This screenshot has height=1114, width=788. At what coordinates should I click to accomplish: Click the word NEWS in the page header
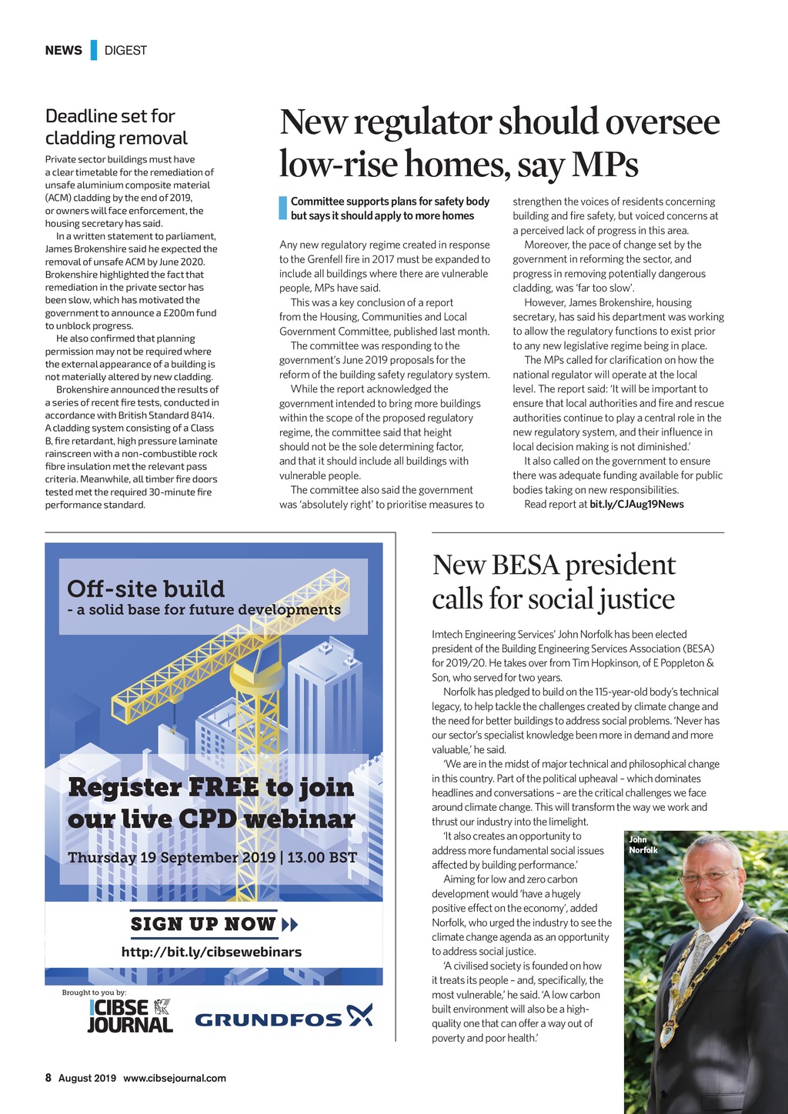63,50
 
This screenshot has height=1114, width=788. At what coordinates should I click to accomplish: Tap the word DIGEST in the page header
125,50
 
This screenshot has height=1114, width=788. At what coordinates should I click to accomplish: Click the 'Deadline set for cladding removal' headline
116,127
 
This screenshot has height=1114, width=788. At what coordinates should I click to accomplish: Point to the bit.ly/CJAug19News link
636,504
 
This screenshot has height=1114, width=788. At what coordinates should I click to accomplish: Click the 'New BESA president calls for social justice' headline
553,582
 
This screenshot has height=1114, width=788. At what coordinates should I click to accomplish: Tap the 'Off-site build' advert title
146,589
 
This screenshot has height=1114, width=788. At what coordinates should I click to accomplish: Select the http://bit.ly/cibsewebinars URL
212,952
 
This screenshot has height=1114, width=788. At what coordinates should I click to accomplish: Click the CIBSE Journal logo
130,1016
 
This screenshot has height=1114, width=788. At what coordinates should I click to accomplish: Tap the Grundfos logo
283,1019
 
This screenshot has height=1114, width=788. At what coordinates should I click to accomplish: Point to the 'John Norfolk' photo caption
643,845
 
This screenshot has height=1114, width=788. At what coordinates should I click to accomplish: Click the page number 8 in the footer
48,1078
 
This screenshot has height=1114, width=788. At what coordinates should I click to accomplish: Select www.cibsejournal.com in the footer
175,1078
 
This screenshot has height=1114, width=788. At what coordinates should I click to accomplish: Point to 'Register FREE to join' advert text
211,787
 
